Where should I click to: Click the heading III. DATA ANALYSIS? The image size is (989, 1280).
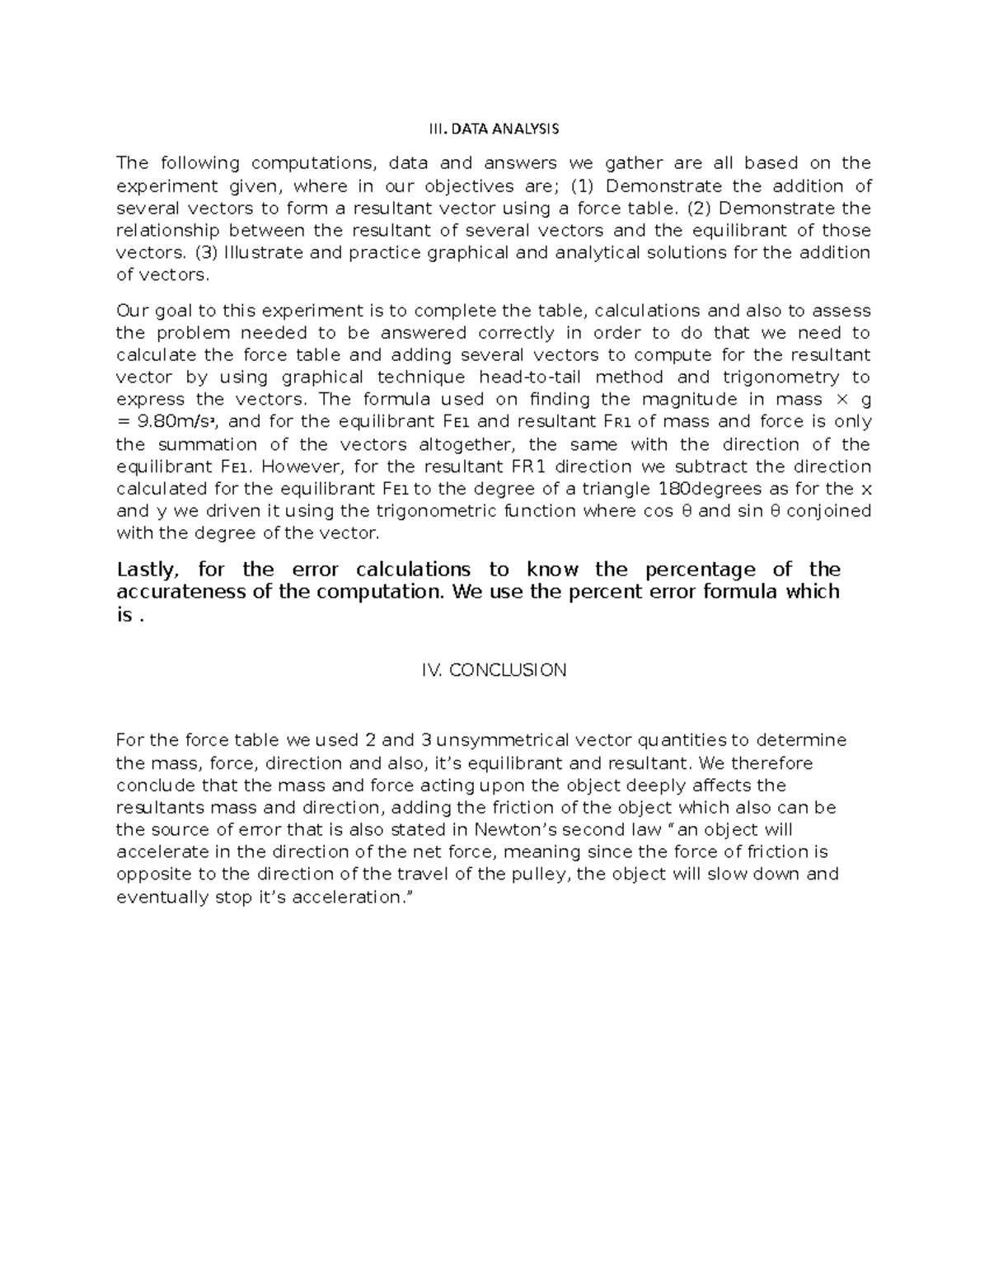click(x=494, y=129)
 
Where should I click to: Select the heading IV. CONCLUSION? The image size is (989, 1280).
click(x=494, y=670)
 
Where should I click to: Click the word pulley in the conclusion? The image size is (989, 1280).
click(x=546, y=874)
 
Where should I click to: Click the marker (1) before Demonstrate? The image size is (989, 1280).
click(x=583, y=185)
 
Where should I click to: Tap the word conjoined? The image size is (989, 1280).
click(x=829, y=510)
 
